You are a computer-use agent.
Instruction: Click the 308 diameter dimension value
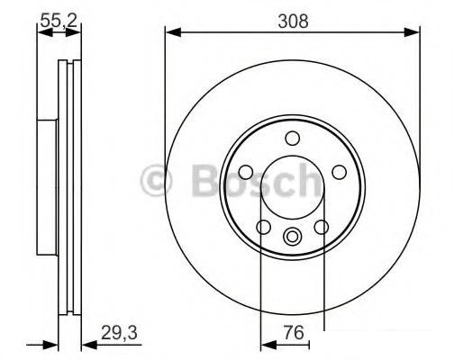point(293,22)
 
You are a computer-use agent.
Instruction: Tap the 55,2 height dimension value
point(59,21)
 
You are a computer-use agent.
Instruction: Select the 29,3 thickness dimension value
point(119,333)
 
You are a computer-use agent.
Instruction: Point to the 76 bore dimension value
point(295,333)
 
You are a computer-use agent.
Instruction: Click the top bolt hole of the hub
point(293,139)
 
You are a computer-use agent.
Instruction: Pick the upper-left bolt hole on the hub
point(246,172)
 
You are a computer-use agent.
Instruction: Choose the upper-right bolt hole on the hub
point(340,172)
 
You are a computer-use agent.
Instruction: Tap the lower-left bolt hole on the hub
point(264,227)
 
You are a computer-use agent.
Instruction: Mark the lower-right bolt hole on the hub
point(322,227)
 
